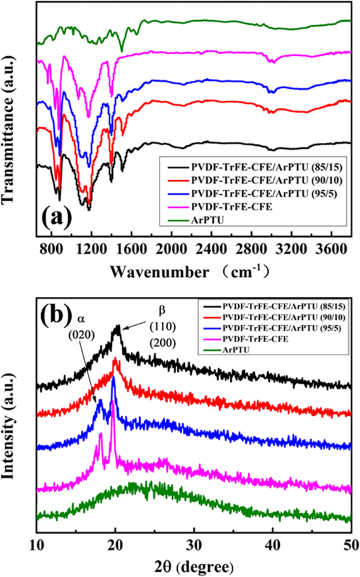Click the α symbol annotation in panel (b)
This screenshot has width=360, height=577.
tap(80, 318)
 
